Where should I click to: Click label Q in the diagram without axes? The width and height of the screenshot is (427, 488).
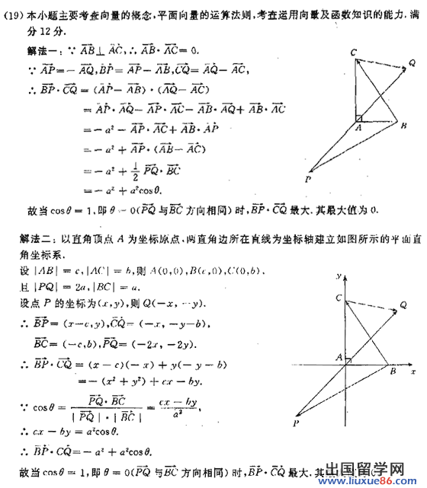[x=411, y=64]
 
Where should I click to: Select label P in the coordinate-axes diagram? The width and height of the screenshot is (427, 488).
[x=296, y=423]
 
